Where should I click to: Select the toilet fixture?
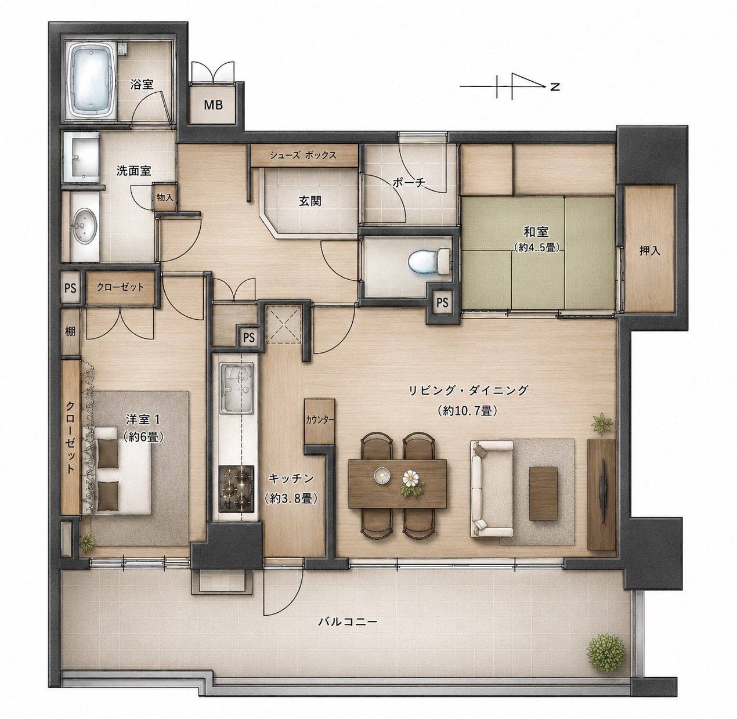click(429, 260)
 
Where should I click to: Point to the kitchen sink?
click(236, 387)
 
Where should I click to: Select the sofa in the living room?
click(491, 489)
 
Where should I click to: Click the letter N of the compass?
click(555, 87)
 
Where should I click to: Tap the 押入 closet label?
click(649, 251)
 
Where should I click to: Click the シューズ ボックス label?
click(302, 156)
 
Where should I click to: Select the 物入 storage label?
click(165, 197)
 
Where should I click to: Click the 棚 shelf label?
click(70, 332)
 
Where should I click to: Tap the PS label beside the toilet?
click(442, 303)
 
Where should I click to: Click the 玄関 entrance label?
click(310, 201)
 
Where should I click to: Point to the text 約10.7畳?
click(467, 411)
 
